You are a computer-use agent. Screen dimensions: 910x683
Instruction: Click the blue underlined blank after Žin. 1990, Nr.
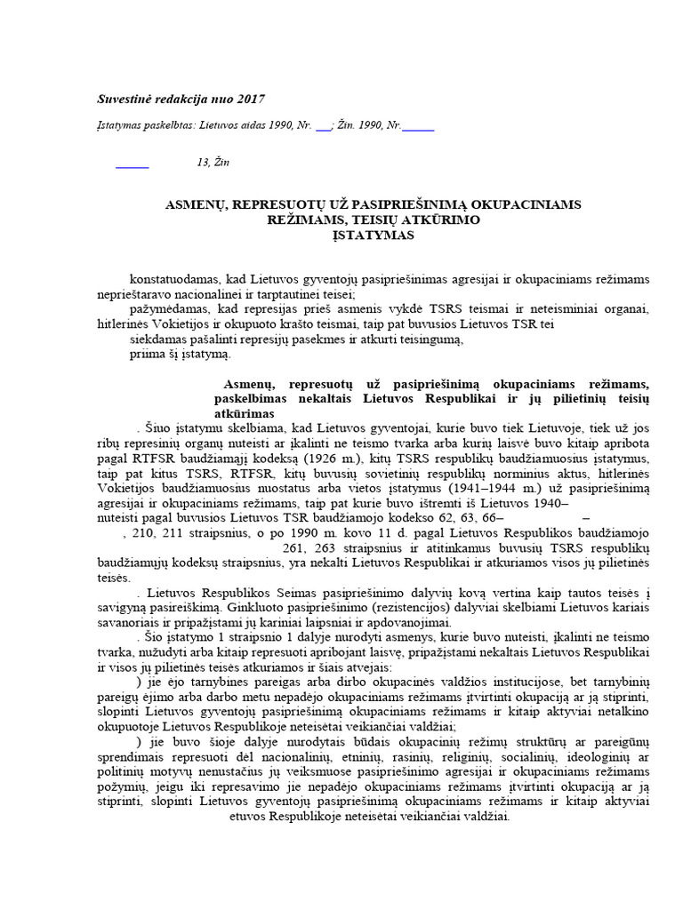point(418,129)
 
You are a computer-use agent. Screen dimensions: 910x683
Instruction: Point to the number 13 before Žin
point(203,162)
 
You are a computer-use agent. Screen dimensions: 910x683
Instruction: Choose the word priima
point(146,354)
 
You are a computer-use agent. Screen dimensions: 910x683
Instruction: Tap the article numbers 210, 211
point(158,533)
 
